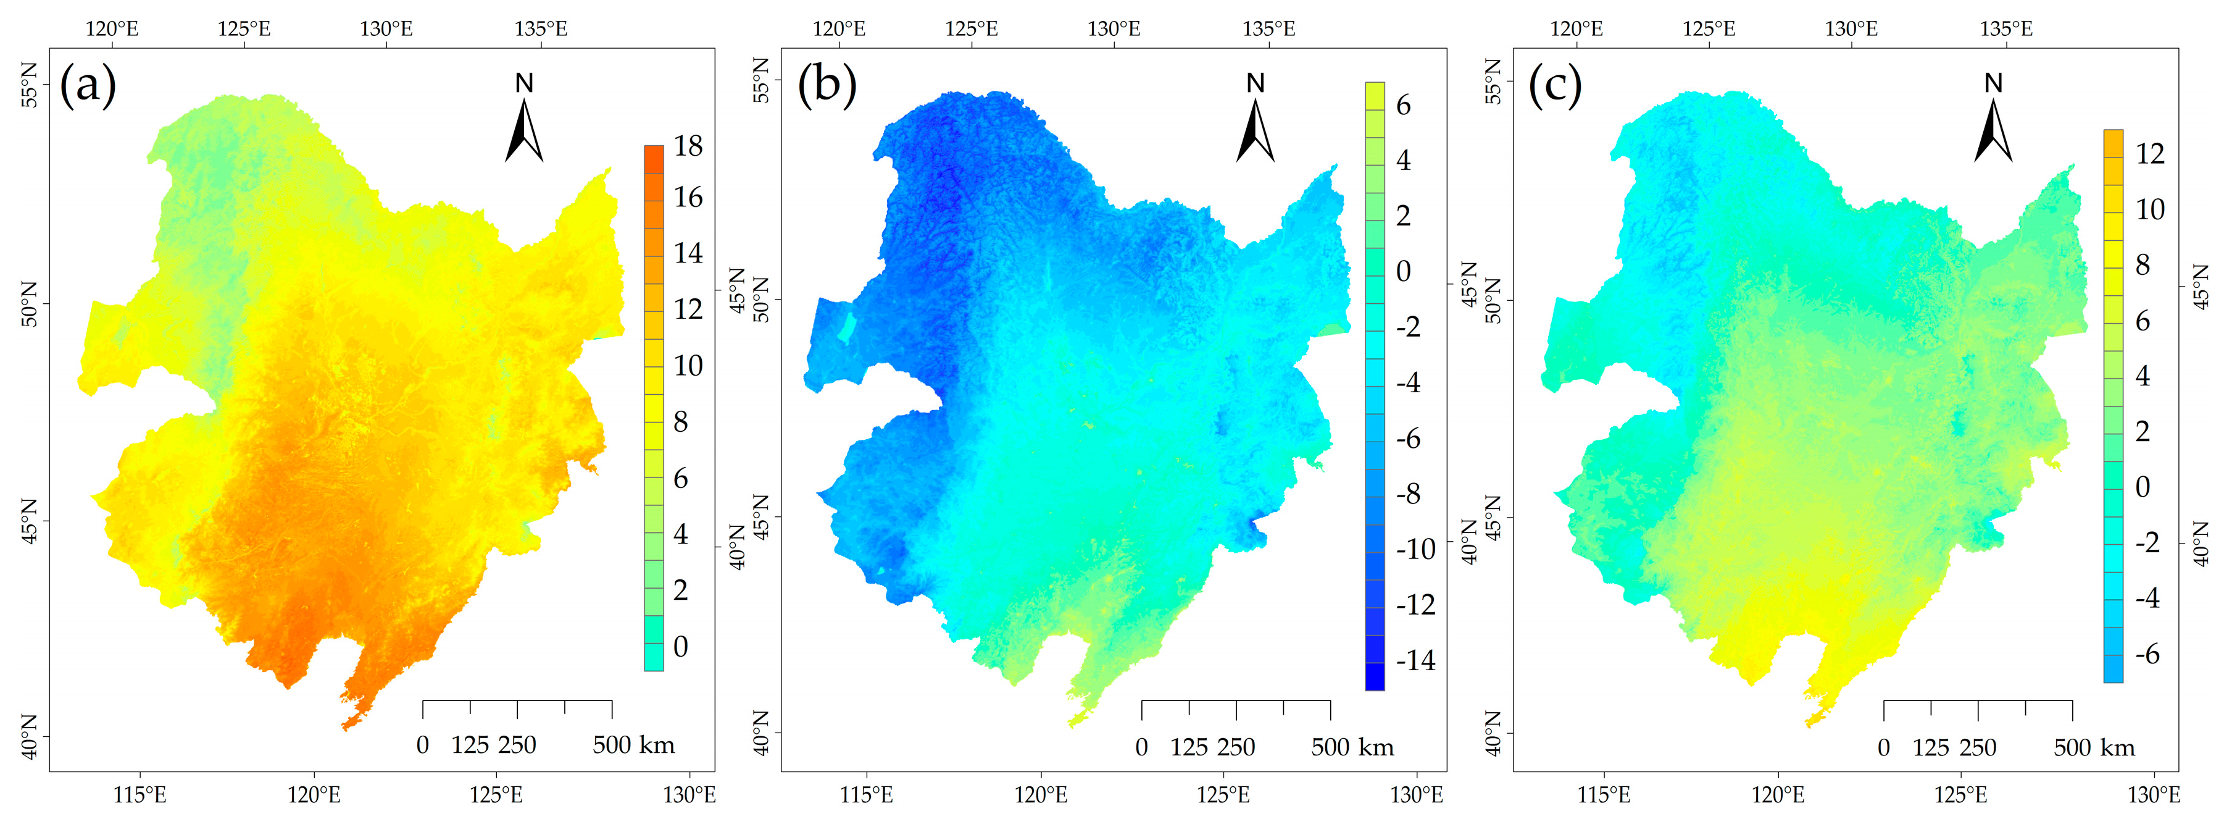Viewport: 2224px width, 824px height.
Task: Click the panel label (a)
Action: pos(87,85)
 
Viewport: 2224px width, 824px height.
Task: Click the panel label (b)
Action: pos(827,85)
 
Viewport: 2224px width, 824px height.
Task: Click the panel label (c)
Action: pos(1555,85)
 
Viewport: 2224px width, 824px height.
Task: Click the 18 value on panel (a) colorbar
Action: pos(688,146)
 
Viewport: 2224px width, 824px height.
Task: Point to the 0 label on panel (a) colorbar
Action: pos(680,646)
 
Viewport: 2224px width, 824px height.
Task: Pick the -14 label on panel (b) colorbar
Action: pos(1415,661)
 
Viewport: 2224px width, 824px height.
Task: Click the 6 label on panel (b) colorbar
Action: pos(1403,106)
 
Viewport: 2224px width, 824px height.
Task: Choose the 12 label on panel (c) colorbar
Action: pos(2150,154)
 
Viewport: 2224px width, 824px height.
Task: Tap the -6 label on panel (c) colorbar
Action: pos(2146,654)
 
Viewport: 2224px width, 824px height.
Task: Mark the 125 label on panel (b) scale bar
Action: pos(1188,747)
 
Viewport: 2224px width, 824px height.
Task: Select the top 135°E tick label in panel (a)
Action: pos(541,28)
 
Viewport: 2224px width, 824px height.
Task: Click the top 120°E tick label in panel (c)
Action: pos(1576,28)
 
